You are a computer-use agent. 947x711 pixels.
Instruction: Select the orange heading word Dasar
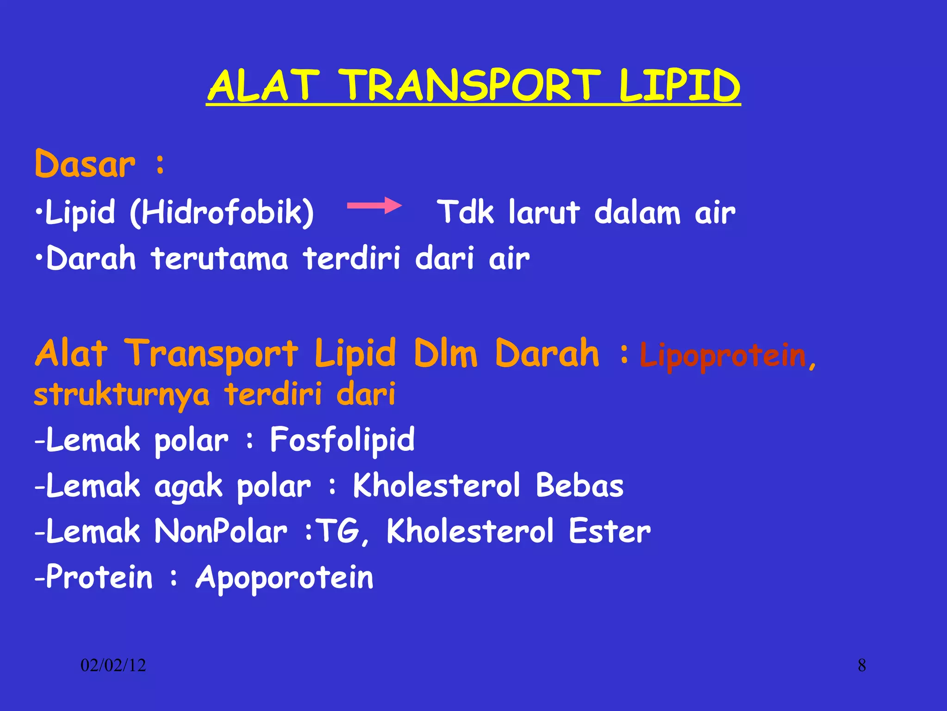tap(86, 164)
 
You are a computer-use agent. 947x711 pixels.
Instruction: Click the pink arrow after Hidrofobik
tap(374, 206)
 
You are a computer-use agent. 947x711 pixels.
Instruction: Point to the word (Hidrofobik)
tap(222, 212)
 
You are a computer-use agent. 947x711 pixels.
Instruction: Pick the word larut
tap(544, 212)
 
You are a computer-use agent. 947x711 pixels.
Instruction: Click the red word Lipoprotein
tap(723, 355)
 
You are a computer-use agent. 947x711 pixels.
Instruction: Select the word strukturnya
tap(122, 395)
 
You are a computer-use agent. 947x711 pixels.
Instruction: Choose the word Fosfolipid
tap(342, 440)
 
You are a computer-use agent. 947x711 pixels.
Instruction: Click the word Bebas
tap(579, 486)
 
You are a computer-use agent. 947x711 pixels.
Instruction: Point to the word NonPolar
tap(221, 531)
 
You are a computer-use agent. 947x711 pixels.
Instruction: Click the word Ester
tap(609, 531)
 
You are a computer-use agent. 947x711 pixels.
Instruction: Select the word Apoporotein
tap(284, 578)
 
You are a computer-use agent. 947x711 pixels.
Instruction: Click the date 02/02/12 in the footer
tap(113, 666)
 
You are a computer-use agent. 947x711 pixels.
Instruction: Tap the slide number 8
tap(862, 666)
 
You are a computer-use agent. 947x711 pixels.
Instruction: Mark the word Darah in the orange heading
tap(547, 354)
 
